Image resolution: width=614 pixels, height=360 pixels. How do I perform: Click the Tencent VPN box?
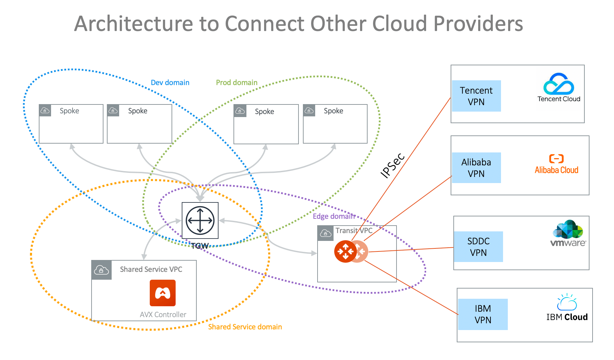(x=476, y=96)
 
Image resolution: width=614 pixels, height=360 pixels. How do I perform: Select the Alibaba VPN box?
(x=476, y=168)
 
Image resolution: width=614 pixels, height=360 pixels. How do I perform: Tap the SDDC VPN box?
(x=478, y=247)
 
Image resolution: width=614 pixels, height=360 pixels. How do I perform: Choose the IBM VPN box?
(x=483, y=314)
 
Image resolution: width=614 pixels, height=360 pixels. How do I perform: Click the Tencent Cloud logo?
(x=559, y=88)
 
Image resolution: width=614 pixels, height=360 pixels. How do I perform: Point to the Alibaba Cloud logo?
(x=556, y=164)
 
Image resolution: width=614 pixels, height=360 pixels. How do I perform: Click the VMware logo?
(x=568, y=233)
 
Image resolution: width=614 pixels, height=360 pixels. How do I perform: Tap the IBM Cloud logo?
(x=567, y=308)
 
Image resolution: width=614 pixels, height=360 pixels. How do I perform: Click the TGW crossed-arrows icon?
(x=200, y=220)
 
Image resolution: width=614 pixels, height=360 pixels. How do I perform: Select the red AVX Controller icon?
(x=163, y=293)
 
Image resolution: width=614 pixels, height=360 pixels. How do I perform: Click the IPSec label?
(x=392, y=165)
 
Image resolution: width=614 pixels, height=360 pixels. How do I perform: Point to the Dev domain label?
(x=170, y=83)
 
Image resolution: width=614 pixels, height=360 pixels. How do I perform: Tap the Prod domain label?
(x=237, y=83)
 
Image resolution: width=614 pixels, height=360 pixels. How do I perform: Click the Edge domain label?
(x=334, y=216)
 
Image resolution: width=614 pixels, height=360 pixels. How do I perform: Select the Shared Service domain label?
(x=245, y=327)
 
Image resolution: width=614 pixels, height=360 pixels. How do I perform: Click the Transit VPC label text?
(x=354, y=231)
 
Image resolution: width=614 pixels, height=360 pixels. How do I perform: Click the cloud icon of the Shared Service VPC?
(x=101, y=270)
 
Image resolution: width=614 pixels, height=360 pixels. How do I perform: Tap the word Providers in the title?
(x=478, y=24)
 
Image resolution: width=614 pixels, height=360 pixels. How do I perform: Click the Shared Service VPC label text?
(x=151, y=269)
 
